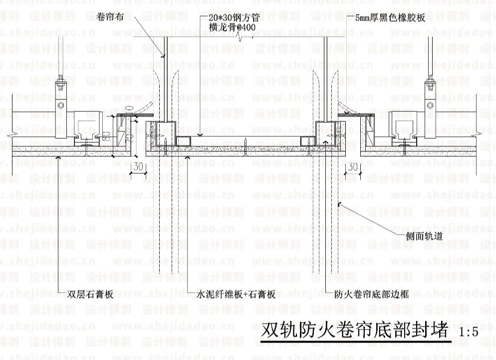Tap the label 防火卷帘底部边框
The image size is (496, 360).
point(371,295)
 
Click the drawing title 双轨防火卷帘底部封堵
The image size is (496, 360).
point(354,330)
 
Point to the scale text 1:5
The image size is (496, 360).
point(469,332)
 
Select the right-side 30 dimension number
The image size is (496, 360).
point(353,167)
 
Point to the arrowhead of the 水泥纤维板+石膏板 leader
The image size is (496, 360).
point(187,156)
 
